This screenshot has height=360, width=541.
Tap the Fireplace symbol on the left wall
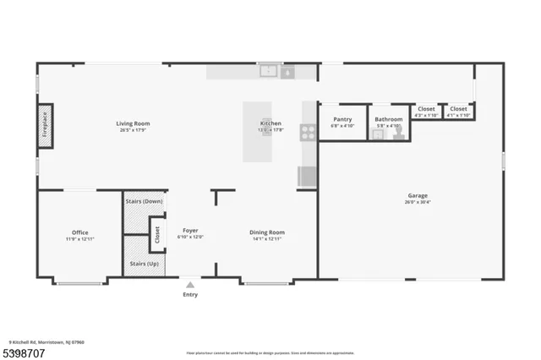click(45, 126)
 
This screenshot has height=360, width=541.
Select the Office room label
click(79, 232)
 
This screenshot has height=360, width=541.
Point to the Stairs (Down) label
click(144, 202)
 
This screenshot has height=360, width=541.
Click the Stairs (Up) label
click(144, 264)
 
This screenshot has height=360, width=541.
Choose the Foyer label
click(190, 231)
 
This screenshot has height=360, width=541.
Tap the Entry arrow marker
click(190, 285)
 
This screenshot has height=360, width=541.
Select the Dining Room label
click(266, 232)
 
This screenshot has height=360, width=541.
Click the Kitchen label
click(270, 123)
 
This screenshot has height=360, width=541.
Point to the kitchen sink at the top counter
click(269, 72)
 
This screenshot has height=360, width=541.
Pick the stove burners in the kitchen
click(309, 131)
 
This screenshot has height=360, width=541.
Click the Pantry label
click(342, 119)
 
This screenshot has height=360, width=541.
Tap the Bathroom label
click(389, 119)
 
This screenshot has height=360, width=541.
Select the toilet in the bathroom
click(399, 133)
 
